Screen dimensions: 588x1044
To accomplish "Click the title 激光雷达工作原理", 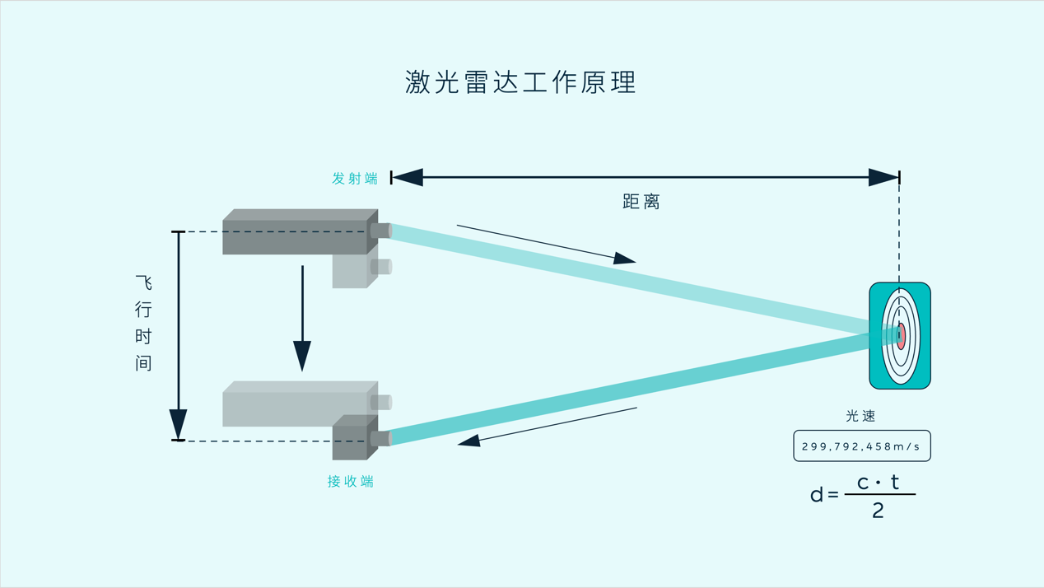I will pos(520,82).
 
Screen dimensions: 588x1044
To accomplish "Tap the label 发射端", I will pos(355,179).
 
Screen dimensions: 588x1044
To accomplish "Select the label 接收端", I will pos(351,482).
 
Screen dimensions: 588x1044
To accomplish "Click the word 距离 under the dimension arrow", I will pos(641,202).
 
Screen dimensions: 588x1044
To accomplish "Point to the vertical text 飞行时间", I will pos(144,323).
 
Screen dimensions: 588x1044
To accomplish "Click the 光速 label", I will pos(861,416).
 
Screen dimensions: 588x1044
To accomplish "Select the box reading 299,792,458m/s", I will pos(861,446).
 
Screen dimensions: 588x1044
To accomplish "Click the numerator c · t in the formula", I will pos(879,483).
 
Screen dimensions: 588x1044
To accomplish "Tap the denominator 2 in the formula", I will pos(878,511).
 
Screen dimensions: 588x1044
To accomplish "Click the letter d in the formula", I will pos(817,495).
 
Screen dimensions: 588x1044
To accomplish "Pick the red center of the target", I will pos(902,336).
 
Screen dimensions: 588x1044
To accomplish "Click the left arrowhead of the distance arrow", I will pos(408,177).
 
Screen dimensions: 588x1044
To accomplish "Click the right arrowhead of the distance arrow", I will pos(883,177).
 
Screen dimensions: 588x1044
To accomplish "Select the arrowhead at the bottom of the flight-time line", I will pos(178,424).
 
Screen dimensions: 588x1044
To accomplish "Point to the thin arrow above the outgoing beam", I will pos(546,244).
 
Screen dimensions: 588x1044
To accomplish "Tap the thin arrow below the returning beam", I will pos(548,427).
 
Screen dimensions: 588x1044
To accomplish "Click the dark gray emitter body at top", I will pos(295,237).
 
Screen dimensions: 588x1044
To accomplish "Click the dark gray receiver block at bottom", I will pos(350,442).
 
